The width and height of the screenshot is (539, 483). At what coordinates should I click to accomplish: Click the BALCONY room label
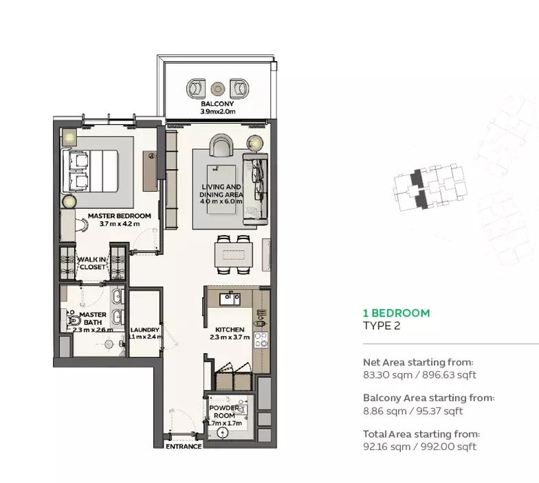point(217,103)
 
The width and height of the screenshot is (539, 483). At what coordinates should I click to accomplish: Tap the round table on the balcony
point(217,89)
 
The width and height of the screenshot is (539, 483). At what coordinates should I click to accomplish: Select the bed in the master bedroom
point(90,170)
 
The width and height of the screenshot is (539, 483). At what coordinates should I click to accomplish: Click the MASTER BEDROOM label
point(120,216)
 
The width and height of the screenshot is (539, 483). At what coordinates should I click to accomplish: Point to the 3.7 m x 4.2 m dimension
point(120,224)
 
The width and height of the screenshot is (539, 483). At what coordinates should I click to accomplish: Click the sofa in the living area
point(256,189)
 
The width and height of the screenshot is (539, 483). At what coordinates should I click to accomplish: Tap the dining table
point(234,254)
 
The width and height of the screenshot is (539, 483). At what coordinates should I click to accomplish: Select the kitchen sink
point(230,299)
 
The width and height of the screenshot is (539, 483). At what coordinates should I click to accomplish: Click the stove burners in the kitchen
point(261,339)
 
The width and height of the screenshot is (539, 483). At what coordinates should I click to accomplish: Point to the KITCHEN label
point(230,330)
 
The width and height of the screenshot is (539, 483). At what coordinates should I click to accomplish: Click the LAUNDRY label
point(144,330)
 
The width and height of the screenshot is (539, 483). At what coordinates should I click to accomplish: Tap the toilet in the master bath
point(74,320)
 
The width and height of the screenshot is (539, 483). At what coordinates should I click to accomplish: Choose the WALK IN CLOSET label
point(92,262)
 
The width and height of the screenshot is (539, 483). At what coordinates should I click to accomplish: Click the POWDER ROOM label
point(224,412)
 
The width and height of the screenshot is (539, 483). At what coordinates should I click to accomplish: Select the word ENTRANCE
point(184,447)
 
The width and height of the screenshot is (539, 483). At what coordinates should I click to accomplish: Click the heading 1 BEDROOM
point(396,313)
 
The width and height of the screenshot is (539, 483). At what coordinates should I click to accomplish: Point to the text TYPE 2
point(382,326)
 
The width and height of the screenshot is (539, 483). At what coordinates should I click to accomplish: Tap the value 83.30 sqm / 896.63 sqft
point(419,375)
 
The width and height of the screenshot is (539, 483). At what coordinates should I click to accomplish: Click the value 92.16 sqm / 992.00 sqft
point(419,447)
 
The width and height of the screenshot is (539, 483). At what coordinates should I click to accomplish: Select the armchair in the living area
point(221,146)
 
